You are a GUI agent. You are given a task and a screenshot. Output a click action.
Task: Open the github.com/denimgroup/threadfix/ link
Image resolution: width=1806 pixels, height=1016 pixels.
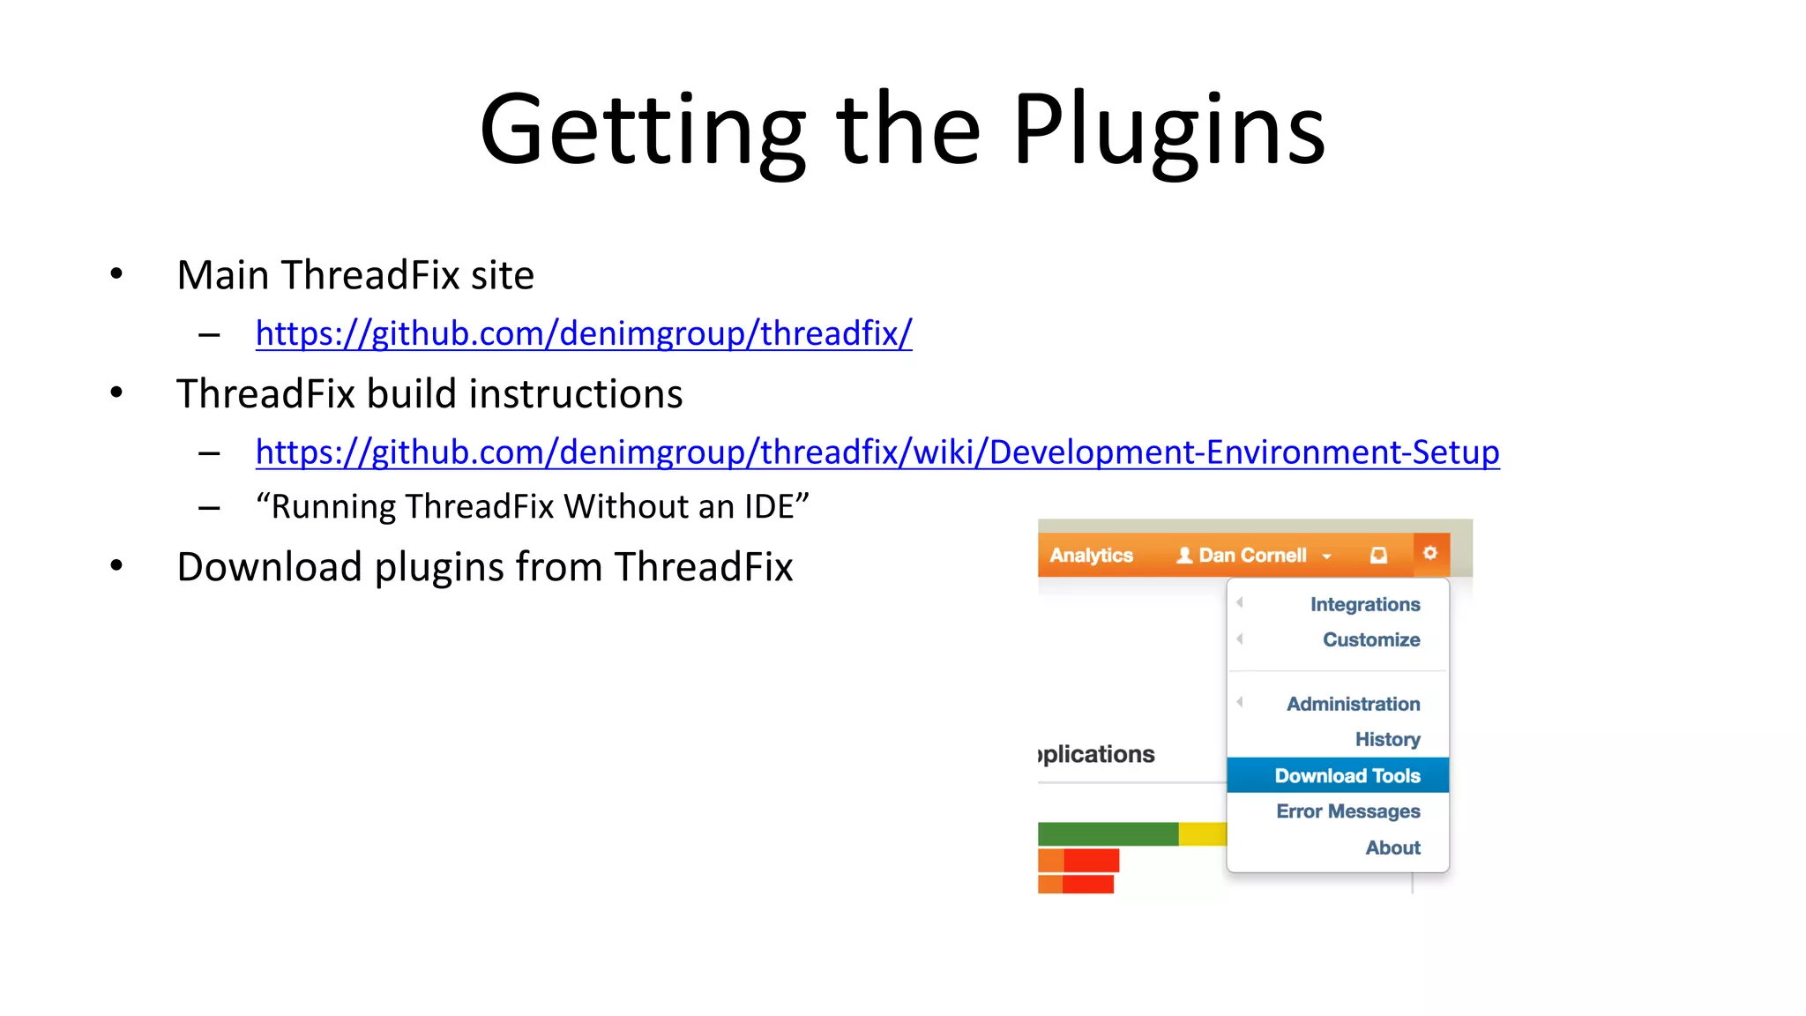tap(583, 333)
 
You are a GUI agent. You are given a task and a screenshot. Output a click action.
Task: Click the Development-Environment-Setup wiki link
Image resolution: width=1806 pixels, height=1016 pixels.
tap(877, 452)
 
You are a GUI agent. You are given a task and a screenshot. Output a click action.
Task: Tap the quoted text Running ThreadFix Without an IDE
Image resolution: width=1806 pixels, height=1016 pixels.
tap(532, 507)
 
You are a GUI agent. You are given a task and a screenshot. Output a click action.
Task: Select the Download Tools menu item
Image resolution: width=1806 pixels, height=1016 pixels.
tap(1347, 775)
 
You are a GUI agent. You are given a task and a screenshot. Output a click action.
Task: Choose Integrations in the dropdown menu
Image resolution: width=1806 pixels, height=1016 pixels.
tap(1364, 604)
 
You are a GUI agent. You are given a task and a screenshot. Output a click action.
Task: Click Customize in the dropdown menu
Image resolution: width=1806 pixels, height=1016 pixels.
tap(1370, 639)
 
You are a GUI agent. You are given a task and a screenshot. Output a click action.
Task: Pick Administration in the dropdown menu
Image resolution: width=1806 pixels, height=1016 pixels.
tap(1353, 704)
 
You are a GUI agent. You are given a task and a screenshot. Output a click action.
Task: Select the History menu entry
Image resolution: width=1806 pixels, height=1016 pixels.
tap(1387, 739)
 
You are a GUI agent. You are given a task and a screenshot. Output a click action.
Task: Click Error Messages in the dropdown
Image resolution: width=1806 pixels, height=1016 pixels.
tap(1347, 811)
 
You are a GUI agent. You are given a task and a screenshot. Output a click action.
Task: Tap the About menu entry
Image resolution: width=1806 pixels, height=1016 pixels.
tap(1392, 848)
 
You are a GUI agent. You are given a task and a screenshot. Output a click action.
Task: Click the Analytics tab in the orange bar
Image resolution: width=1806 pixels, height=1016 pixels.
tap(1091, 555)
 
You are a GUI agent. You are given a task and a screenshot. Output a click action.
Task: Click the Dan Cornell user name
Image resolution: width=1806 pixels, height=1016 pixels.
tap(1251, 555)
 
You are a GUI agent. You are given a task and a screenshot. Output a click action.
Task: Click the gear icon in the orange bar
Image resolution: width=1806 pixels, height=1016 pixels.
tap(1430, 553)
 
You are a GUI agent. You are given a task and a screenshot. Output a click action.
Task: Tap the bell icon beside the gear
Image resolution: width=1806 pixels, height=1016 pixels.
tap(1378, 555)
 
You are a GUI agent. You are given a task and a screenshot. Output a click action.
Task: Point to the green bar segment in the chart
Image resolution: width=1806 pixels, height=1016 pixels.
tap(1108, 833)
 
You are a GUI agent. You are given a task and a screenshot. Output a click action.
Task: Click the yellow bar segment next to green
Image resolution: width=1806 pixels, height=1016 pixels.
tap(1202, 833)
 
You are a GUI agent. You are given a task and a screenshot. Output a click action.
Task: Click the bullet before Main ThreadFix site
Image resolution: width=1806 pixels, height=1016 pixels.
tap(116, 274)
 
